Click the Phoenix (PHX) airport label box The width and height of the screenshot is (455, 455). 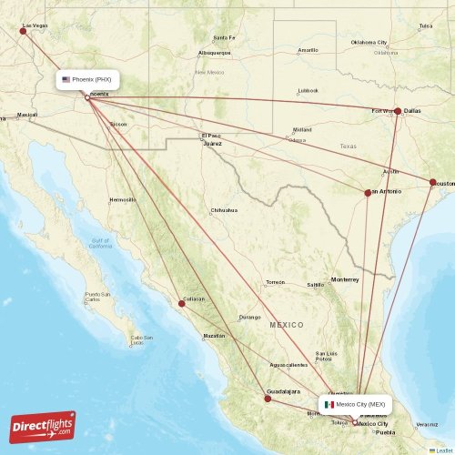pos(86,79)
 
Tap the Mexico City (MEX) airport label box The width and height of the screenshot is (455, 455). pos(356,404)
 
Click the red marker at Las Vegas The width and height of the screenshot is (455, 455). pos(23,31)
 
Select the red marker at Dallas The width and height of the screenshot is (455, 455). pos(398,111)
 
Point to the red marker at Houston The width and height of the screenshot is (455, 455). pos(433,182)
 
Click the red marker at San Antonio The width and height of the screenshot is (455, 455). pos(368,193)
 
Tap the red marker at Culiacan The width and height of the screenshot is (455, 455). pos(182,303)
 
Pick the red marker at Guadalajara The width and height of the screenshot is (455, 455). pos(268,398)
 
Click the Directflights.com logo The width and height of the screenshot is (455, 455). pos(43,427)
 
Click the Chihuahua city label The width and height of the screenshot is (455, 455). pos(224,210)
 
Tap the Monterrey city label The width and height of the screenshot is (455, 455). pos(345,278)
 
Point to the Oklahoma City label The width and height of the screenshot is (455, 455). pos(369,42)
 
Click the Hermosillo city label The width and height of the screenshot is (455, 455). pos(122,199)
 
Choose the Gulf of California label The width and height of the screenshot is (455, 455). pos(100,243)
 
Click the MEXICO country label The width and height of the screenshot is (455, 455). pos(287,324)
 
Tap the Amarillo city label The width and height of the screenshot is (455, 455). pos(308,49)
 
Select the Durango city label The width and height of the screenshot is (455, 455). pos(249,318)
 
